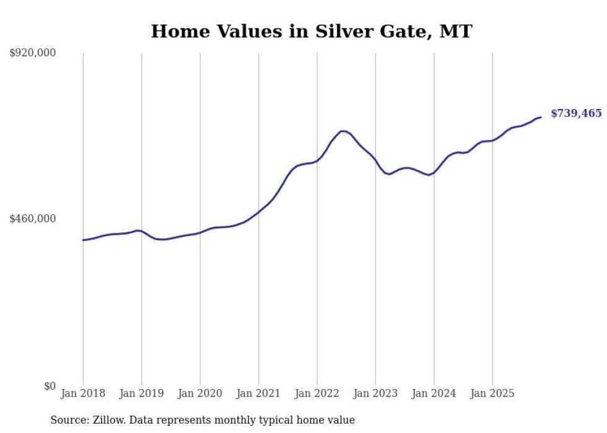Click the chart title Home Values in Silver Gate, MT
pos(312,31)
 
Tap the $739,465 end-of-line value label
pos(575,113)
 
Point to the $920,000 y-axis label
pos(33,53)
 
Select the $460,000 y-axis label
pos(33,219)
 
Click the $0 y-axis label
pos(49,386)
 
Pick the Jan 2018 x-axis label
pos(83,393)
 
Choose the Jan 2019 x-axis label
pos(141,393)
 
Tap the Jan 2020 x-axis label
pos(200,393)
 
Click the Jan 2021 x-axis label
pos(258,393)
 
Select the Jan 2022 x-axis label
pos(317,393)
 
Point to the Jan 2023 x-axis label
pos(375,393)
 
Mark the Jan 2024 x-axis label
pos(434,393)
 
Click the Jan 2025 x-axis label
pos(492,393)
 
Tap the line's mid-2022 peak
pos(343,131)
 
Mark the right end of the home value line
pos(541,117)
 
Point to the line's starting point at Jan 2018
pos(83,240)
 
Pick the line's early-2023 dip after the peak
pos(388,174)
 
